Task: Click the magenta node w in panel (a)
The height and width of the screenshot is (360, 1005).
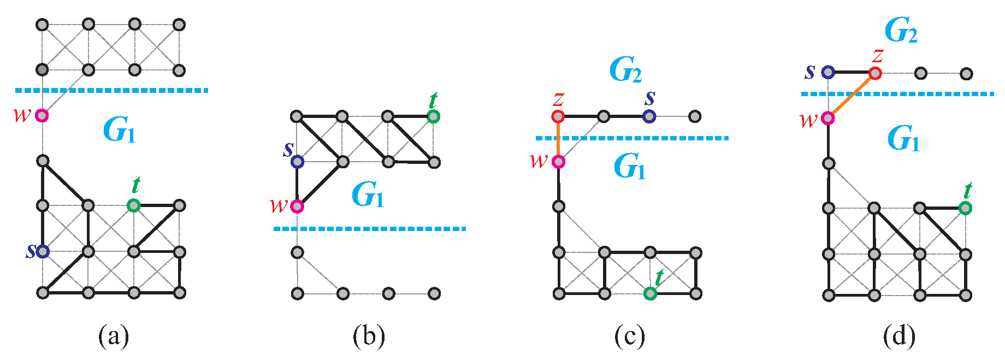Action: [x=42, y=116]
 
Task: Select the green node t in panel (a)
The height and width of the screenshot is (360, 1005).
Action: [x=134, y=205]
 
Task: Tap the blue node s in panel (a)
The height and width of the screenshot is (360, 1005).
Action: [x=43, y=251]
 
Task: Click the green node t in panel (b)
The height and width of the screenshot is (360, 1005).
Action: [x=433, y=116]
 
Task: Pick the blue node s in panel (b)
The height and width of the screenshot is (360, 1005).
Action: [x=297, y=162]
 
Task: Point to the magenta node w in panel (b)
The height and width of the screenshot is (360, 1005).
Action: [x=297, y=206]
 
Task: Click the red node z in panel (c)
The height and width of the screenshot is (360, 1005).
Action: [x=558, y=116]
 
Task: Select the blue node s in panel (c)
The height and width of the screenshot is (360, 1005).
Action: [x=649, y=116]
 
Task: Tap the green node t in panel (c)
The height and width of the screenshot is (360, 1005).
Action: [x=650, y=294]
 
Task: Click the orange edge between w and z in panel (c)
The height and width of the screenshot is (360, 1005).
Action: [x=558, y=139]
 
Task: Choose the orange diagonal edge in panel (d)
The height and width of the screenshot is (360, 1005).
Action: [x=852, y=96]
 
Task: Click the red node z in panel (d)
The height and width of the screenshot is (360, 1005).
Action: [x=875, y=73]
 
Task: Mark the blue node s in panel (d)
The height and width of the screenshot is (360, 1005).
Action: [x=829, y=72]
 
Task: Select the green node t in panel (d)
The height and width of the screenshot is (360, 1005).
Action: [x=966, y=208]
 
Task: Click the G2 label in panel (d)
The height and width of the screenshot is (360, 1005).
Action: [x=901, y=30]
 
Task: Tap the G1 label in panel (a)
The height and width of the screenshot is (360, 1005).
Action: [x=119, y=130]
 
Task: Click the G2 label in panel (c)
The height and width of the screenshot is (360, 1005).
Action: [x=625, y=70]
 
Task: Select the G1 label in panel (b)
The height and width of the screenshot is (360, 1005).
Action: [x=368, y=195]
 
